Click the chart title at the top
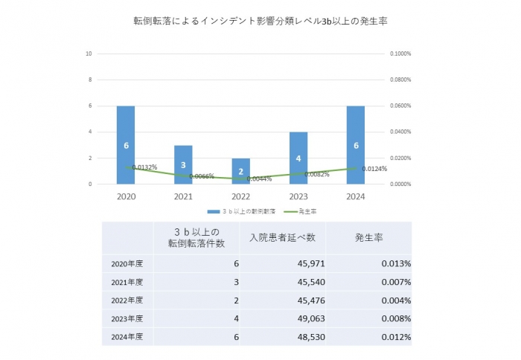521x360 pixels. (x=260, y=22)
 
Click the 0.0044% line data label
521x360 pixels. (x=258, y=179)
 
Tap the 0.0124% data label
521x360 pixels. (x=374, y=169)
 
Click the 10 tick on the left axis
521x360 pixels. (x=89, y=54)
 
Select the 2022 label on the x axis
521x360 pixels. (x=241, y=196)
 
